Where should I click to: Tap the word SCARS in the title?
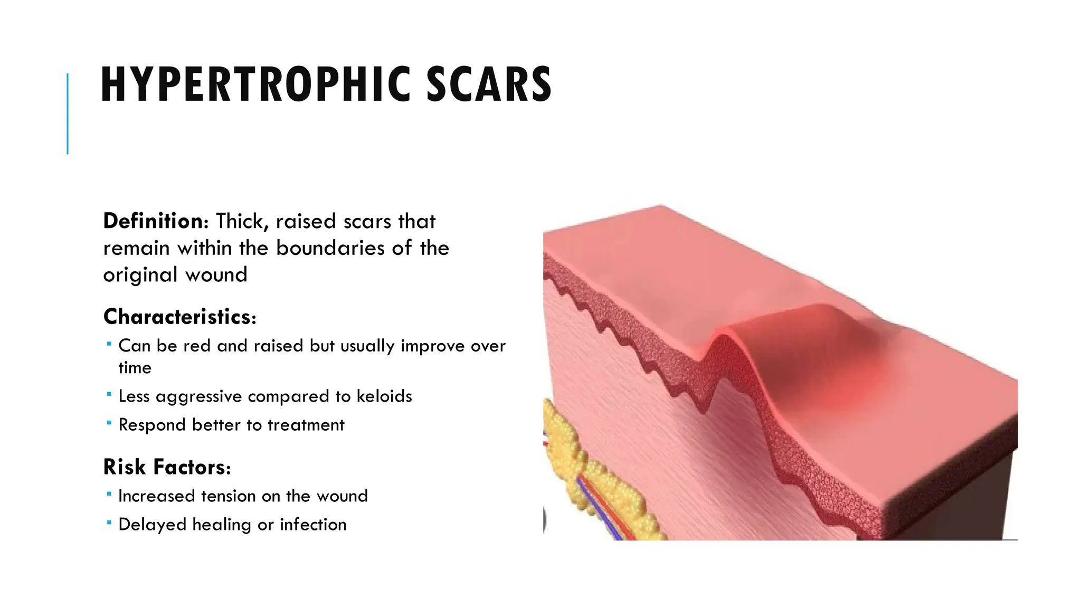point(489,84)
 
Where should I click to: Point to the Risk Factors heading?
point(167,468)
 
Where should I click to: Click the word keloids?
point(384,396)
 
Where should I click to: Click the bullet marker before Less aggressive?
point(109,394)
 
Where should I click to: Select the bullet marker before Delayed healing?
point(109,522)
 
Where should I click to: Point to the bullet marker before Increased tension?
point(109,494)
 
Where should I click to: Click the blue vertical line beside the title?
point(68,113)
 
